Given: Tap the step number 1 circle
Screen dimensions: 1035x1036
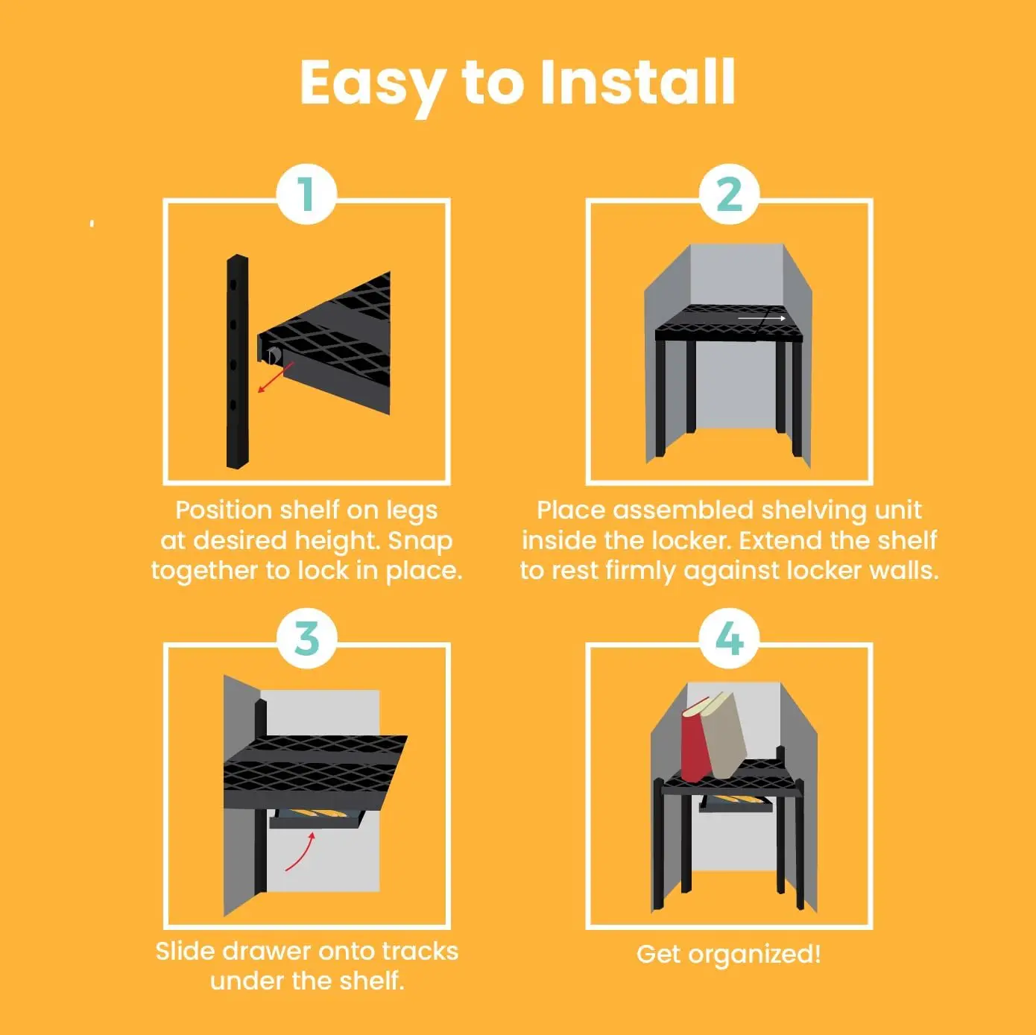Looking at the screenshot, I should pyautogui.click(x=306, y=194).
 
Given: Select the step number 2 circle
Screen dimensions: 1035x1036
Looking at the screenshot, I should pyautogui.click(x=729, y=194).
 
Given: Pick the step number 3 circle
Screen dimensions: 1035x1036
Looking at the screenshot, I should pyautogui.click(x=306, y=639).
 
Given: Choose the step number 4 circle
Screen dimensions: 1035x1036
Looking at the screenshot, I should pyautogui.click(x=729, y=639).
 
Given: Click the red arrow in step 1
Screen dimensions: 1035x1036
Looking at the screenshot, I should pyautogui.click(x=275, y=378).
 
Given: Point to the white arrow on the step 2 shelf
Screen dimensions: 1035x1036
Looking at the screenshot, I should pyautogui.click(x=762, y=318).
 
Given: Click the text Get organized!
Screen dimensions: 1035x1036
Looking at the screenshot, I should pyautogui.click(x=728, y=955).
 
